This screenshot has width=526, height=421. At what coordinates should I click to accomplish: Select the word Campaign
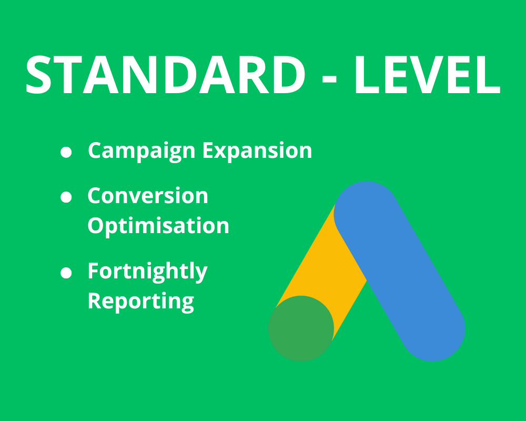pos(142,151)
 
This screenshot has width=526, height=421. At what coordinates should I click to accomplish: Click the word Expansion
pos(258,151)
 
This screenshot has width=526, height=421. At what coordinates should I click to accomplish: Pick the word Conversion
pos(148,196)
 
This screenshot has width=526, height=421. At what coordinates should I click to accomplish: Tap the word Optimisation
pos(158,226)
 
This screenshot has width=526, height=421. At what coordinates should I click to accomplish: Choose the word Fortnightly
pos(147,272)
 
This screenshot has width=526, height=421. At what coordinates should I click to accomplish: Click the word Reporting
pos(141,301)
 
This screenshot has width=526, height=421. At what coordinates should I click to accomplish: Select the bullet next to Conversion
pos(66,197)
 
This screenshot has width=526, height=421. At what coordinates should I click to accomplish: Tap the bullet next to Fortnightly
pos(66,273)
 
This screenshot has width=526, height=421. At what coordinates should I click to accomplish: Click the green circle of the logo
pos(301,328)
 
